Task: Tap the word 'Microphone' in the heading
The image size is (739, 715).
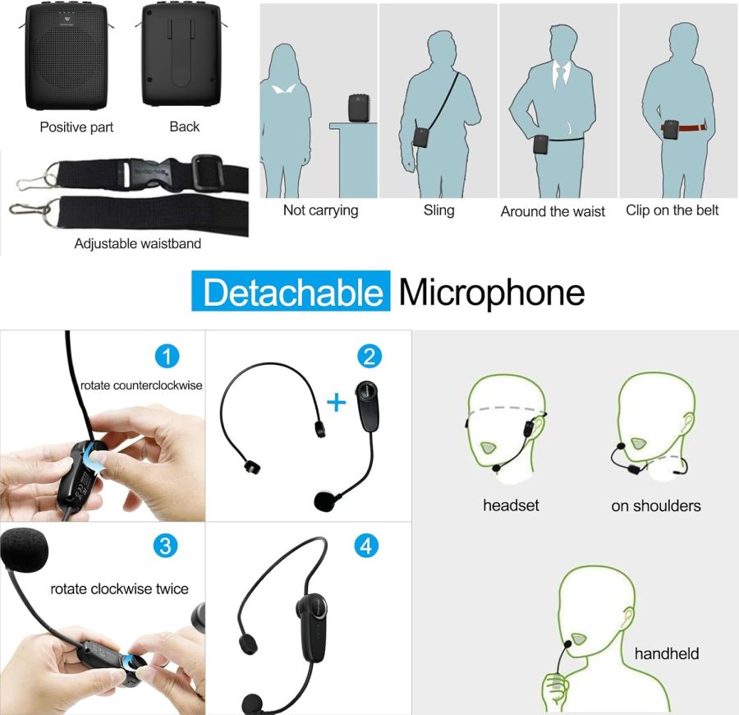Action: click(492, 293)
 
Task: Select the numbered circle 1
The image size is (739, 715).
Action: click(167, 357)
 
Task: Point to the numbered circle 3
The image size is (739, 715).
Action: click(167, 547)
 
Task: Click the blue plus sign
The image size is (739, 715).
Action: click(337, 401)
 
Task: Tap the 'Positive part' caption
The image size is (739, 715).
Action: click(76, 127)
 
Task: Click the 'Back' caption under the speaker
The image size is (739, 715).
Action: click(184, 127)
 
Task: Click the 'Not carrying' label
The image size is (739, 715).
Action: click(320, 210)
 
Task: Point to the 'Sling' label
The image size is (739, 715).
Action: click(438, 210)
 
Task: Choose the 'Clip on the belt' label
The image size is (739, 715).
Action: click(672, 210)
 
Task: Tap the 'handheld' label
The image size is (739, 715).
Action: click(666, 654)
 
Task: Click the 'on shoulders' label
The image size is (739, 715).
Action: click(655, 505)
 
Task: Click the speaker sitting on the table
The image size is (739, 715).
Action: click(357, 108)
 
